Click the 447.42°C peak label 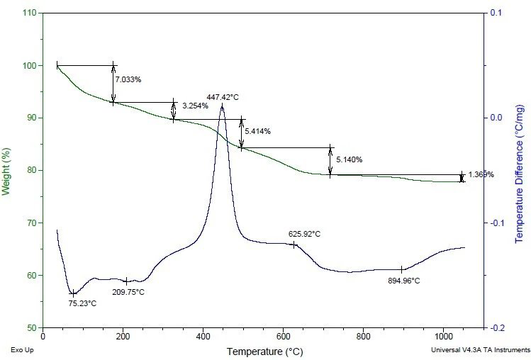[x=223, y=96]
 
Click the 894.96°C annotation [x=403, y=281]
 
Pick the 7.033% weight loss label [x=128, y=80]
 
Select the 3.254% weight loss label [x=195, y=106]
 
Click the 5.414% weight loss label [x=257, y=131]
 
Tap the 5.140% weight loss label [x=349, y=159]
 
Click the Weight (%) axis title [x=6, y=170]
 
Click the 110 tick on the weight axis [x=30, y=13]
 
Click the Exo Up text [x=21, y=350]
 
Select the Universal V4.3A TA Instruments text [x=480, y=350]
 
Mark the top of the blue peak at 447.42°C [x=222, y=105]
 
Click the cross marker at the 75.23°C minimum [x=73, y=293]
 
